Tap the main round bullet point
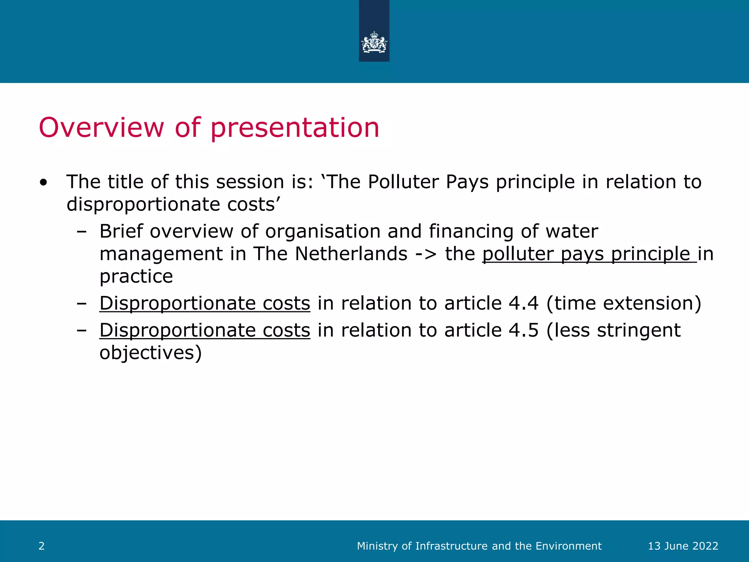44,182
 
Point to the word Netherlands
351,254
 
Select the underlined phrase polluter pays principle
589,254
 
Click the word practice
136,276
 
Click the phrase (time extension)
624,303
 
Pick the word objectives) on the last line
150,353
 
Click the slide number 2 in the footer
42,546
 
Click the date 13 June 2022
683,546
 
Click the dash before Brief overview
82,232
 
